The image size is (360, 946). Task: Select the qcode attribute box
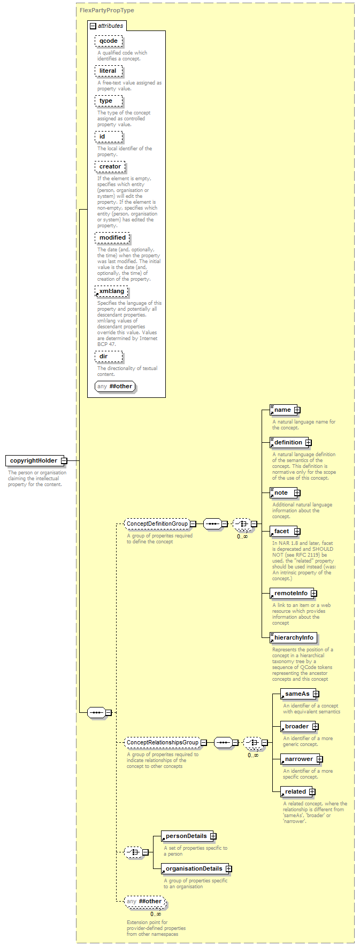[x=109, y=41]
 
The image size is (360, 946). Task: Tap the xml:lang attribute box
[x=111, y=291]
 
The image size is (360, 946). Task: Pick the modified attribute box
[x=112, y=237]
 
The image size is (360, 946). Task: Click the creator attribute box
[x=110, y=167]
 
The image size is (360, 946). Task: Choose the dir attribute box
[x=109, y=356]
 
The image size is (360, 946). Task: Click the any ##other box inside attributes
[x=114, y=386]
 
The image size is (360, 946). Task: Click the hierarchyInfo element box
[x=293, y=637]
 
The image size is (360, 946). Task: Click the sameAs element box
[x=300, y=694]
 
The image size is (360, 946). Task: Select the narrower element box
[x=302, y=759]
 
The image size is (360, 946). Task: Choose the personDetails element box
[x=189, y=836]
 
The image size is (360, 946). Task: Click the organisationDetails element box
[x=196, y=868]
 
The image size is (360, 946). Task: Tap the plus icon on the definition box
[x=308, y=443]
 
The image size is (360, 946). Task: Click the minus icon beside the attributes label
[x=93, y=26]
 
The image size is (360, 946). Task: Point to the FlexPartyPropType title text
[x=107, y=10]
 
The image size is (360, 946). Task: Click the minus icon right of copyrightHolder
[x=64, y=460]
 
